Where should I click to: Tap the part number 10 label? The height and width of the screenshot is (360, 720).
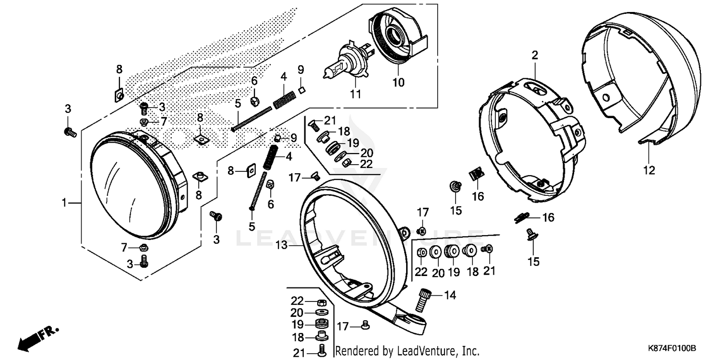pyautogui.click(x=399, y=82)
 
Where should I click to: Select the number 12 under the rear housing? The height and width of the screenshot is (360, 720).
pyautogui.click(x=649, y=169)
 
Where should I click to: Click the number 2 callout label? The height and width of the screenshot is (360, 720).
pyautogui.click(x=534, y=55)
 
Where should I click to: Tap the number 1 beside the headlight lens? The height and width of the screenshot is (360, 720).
pyautogui.click(x=63, y=203)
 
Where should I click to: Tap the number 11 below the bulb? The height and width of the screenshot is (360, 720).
pyautogui.click(x=355, y=94)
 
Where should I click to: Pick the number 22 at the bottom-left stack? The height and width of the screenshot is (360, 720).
pyautogui.click(x=297, y=301)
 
